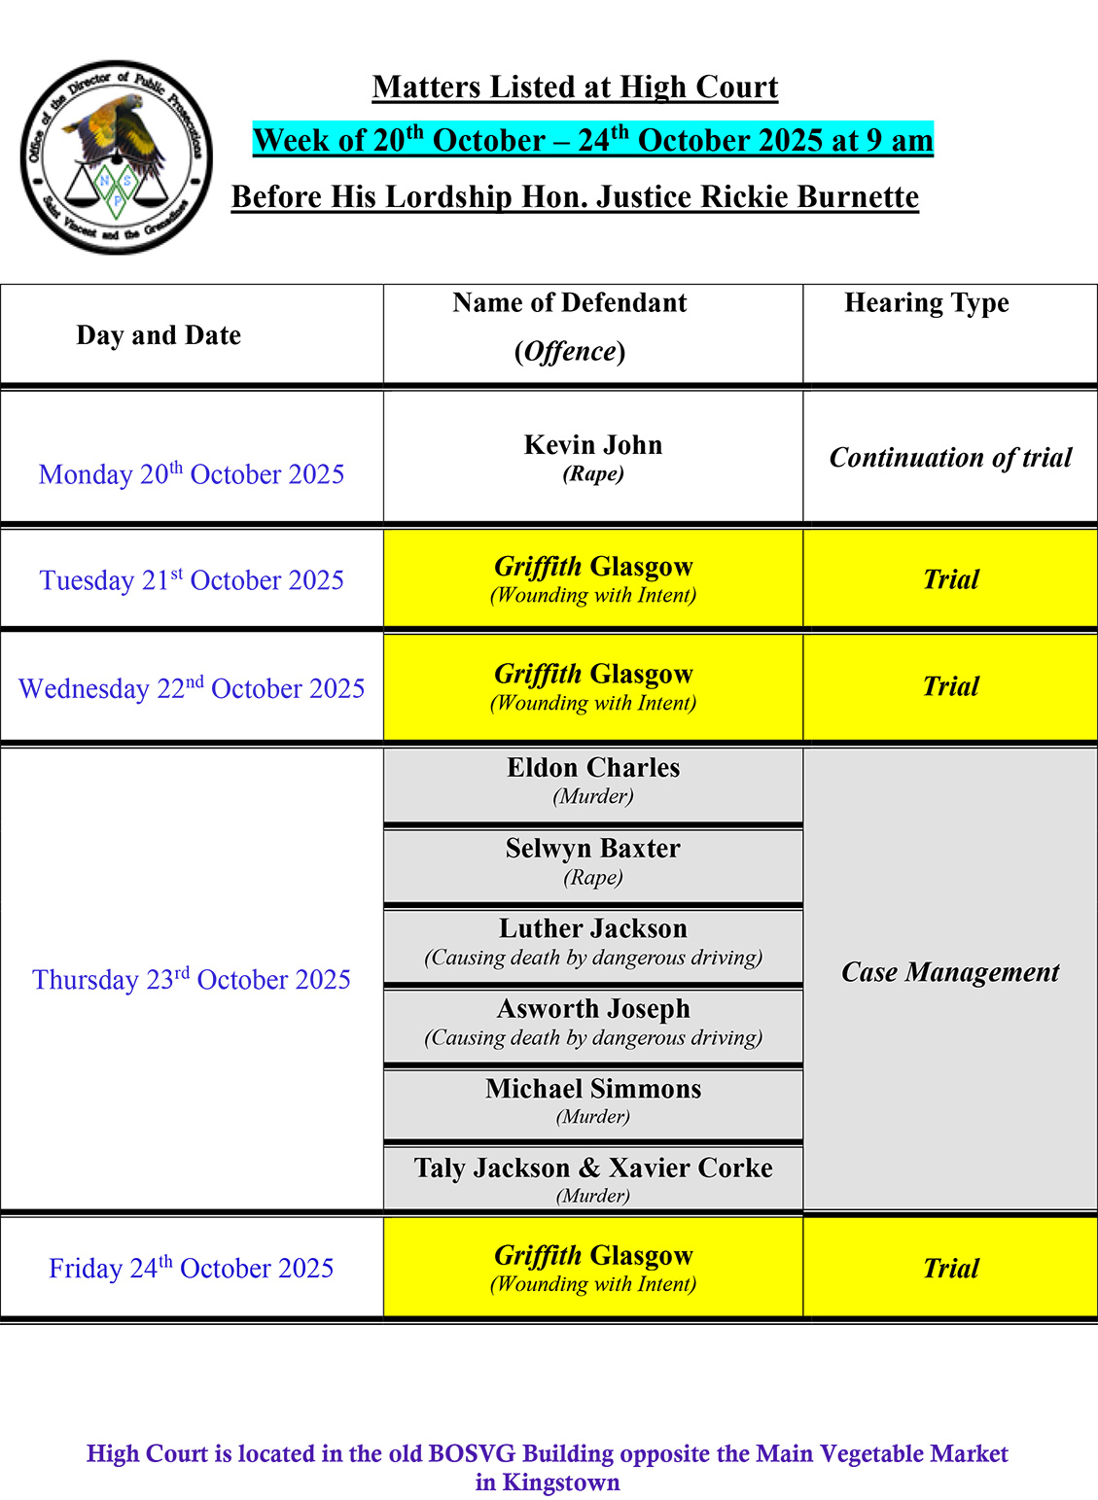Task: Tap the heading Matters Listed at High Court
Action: click(575, 87)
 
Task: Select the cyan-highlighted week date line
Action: click(592, 140)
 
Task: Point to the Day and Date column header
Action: click(159, 335)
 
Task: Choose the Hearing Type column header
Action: click(926, 303)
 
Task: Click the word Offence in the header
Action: click(570, 351)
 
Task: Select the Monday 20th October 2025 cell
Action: click(192, 474)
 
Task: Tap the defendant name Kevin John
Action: click(593, 445)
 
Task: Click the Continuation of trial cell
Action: click(950, 458)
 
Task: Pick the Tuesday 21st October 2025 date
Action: click(192, 580)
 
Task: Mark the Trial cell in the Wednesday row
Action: click(950, 686)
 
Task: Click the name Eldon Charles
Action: click(593, 768)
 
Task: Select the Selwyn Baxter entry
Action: click(593, 849)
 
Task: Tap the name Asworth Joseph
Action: click(593, 1009)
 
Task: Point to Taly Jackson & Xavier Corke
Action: click(593, 1168)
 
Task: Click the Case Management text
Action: click(950, 972)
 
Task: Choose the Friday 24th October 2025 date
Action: click(192, 1269)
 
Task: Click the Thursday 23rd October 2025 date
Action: click(192, 980)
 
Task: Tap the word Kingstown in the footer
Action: click(561, 1483)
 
